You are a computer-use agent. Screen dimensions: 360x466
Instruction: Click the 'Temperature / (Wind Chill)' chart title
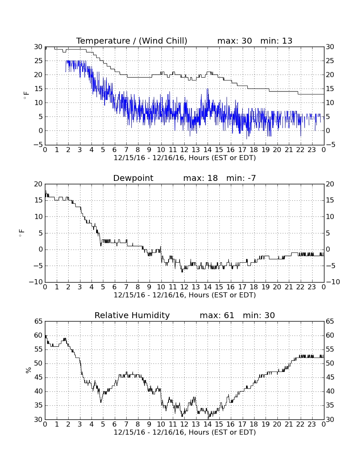point(132,41)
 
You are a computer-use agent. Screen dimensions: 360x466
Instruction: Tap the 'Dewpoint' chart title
point(133,178)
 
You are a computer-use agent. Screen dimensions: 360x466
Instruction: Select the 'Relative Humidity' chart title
point(132,315)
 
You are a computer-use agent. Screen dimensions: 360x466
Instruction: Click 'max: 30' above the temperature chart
point(235,41)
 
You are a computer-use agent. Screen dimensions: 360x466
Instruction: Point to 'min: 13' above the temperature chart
point(276,41)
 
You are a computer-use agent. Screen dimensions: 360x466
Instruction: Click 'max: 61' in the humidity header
point(217,315)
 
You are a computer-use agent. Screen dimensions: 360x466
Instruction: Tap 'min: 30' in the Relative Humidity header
point(259,315)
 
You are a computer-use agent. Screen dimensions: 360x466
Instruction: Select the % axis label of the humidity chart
point(28,370)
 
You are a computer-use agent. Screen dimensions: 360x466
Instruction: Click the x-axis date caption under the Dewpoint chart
point(185,295)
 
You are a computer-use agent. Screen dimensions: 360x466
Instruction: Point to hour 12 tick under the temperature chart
point(184,150)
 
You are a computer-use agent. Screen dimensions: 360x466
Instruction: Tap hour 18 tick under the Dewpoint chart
point(254,287)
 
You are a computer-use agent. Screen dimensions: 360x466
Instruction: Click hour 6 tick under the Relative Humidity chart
point(115,424)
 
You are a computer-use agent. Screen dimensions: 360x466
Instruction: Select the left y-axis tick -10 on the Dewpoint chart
point(36,282)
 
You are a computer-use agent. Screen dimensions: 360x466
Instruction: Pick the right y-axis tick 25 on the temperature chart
point(330,61)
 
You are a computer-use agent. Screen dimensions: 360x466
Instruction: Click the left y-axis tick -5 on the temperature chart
point(38,145)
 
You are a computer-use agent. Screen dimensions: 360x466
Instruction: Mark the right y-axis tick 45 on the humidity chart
point(330,377)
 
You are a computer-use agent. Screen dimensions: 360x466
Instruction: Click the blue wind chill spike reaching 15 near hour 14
point(208,89)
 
